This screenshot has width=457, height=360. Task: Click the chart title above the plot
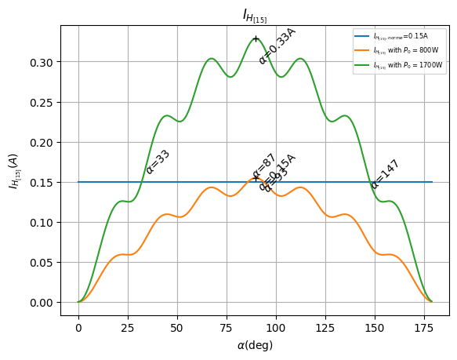point(255,15)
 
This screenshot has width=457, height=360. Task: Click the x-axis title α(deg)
point(255,345)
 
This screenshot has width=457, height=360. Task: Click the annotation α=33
point(158,162)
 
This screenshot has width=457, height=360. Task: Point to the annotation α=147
point(385,174)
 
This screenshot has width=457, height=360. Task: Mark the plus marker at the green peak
point(256,38)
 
